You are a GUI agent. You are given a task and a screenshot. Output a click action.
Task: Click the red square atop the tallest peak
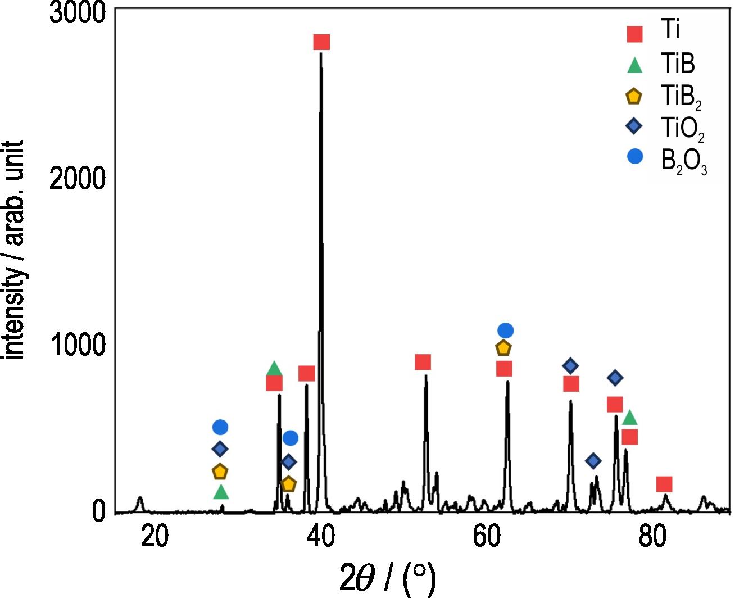(321, 42)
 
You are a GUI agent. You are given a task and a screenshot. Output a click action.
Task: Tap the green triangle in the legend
(635, 65)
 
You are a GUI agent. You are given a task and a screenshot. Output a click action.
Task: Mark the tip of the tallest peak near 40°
(321, 53)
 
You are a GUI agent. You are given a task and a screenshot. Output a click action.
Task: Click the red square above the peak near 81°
(664, 484)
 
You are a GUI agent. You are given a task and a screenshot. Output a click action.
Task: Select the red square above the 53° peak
(423, 362)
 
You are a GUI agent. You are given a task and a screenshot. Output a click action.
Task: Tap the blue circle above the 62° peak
(505, 330)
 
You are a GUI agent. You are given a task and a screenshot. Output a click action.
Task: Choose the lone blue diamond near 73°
(593, 461)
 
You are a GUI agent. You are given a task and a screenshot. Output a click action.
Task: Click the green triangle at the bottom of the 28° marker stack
(221, 492)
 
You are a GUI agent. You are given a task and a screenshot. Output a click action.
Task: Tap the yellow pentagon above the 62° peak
(503, 348)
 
